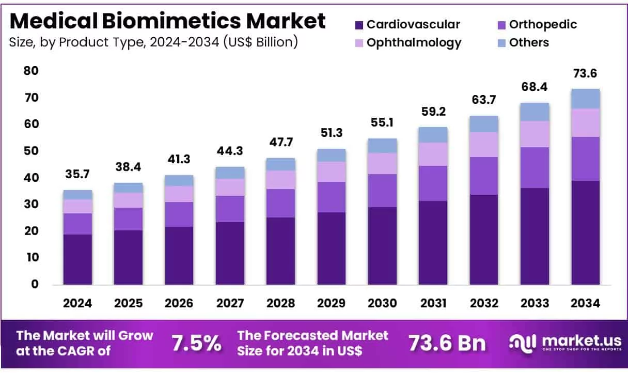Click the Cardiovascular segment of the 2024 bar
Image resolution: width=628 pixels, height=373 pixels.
(x=77, y=259)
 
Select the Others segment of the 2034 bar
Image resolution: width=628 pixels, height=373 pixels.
(x=585, y=99)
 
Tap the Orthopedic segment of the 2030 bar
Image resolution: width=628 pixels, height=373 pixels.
(x=382, y=191)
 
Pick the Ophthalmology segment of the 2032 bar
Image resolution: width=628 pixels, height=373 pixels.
(x=484, y=145)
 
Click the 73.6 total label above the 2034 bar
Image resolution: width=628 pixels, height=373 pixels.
(x=585, y=74)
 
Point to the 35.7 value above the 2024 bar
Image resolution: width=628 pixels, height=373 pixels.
(x=77, y=175)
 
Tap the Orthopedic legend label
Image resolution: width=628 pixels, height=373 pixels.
(x=543, y=24)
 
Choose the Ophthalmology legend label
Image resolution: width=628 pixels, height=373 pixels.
(x=414, y=42)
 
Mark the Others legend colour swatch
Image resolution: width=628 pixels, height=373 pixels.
(x=501, y=43)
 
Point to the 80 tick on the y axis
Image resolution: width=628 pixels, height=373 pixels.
(x=30, y=71)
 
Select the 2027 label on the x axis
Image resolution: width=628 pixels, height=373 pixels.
(x=230, y=304)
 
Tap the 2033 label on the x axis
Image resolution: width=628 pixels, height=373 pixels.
(x=535, y=304)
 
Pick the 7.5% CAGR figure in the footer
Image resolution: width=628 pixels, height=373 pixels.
(x=196, y=343)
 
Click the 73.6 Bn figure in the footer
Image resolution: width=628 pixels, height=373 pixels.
(x=447, y=343)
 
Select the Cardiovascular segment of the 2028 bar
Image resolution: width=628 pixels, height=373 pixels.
(x=281, y=251)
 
